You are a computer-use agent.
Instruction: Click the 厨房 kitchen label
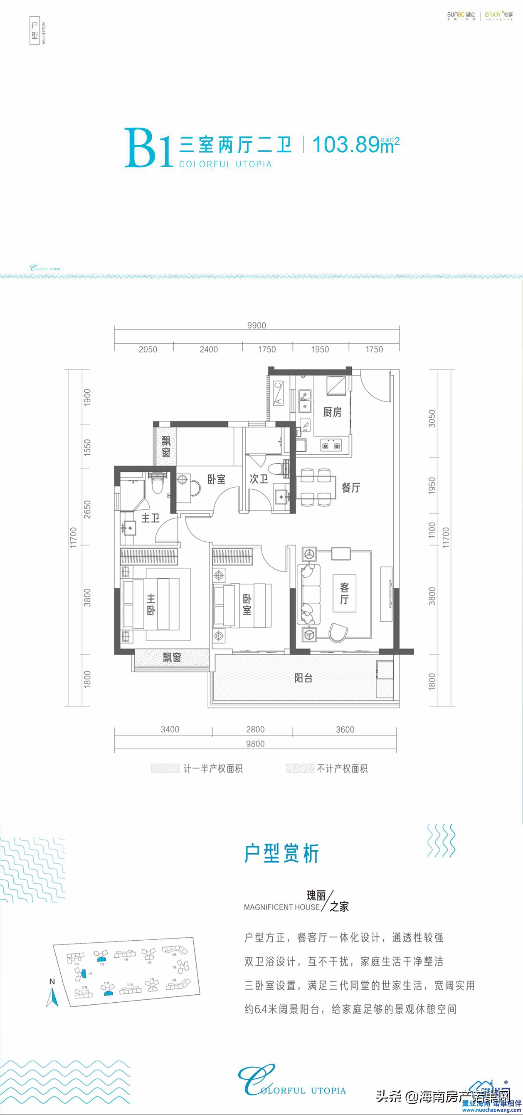[x=332, y=412]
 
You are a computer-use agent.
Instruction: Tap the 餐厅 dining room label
[x=351, y=488]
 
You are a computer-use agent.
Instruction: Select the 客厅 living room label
[x=344, y=593]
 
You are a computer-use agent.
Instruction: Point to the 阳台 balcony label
[x=303, y=678]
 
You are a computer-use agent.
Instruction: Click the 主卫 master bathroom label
[x=150, y=518]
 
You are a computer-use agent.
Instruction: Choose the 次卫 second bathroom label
[x=259, y=479]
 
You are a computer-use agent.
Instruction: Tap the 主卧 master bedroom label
[x=151, y=605]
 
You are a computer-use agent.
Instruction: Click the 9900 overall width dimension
[x=257, y=325]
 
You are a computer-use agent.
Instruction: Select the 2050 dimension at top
[x=148, y=349]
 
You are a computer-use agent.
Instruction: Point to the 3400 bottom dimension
[x=170, y=729]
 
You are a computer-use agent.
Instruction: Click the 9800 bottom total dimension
[x=255, y=743]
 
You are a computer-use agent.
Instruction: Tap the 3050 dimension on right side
[x=432, y=419]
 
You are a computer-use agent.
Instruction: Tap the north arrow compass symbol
[x=52, y=997]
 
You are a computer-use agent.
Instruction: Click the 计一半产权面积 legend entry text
[x=213, y=769]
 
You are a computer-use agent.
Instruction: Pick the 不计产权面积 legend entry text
[x=342, y=769]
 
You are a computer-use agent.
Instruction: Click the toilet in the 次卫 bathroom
[x=277, y=469]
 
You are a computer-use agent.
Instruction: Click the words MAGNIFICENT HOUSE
[x=281, y=907]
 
